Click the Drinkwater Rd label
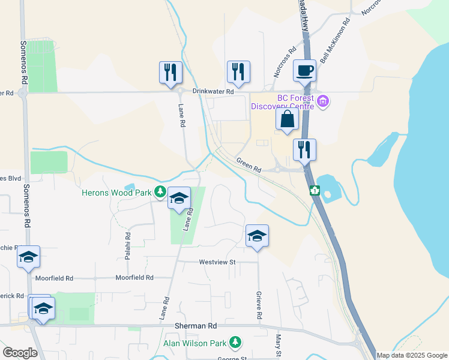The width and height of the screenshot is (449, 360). click(212, 92)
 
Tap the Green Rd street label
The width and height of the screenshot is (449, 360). click(249, 165)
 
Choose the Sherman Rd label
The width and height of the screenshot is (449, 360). click(195, 325)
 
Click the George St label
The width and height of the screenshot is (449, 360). click(231, 358)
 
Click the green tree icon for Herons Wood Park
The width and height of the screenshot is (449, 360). click(160, 192)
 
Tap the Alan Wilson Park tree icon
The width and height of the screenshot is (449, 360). click(236, 343)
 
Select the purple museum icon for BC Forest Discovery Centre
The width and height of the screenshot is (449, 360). click(324, 101)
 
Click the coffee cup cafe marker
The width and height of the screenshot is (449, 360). click(304, 70)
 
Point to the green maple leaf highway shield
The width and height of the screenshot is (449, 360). click(313, 191)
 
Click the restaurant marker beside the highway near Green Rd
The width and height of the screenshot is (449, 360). click(304, 149)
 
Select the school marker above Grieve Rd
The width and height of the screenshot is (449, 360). click(257, 236)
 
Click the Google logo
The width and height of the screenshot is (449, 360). click(20, 353)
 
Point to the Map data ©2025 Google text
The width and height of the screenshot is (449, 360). click(412, 355)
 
